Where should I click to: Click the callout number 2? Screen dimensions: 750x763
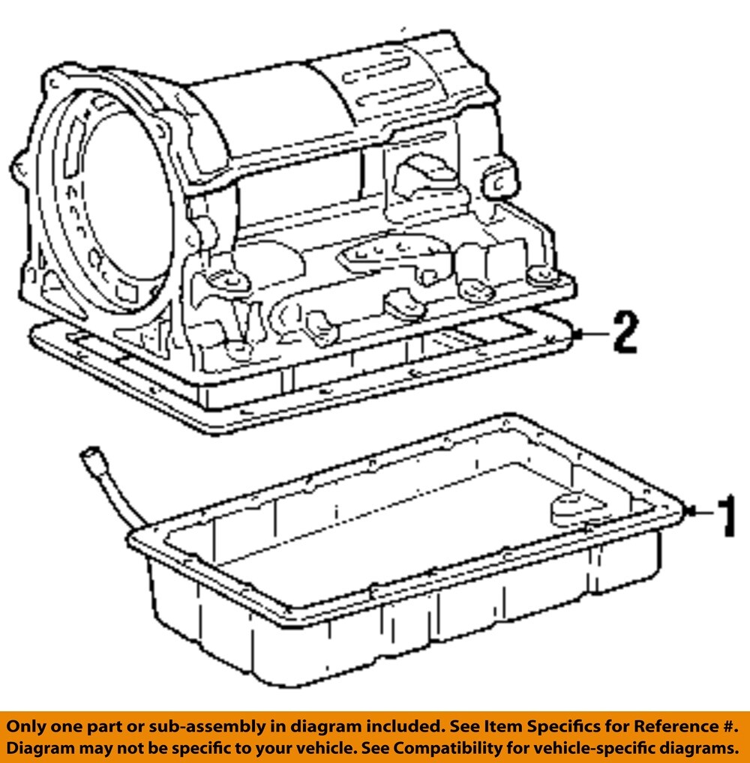point(625,332)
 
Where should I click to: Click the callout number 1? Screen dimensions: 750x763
point(727,516)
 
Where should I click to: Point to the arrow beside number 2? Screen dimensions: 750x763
point(592,334)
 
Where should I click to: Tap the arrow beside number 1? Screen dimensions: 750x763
point(699,511)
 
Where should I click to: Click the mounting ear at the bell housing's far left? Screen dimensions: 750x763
point(20,170)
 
